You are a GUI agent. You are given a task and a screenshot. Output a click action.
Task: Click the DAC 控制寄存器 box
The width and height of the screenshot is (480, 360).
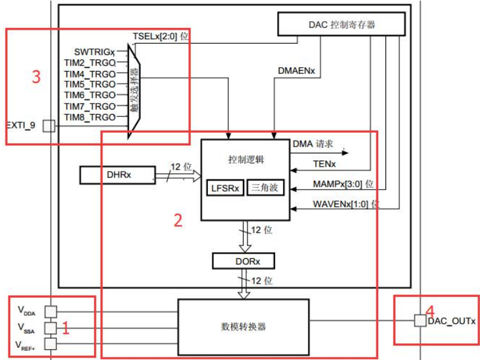(341, 24)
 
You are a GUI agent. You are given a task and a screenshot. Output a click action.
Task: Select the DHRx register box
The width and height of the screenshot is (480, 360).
(117, 175)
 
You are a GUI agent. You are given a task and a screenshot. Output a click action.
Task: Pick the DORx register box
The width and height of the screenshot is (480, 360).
(243, 261)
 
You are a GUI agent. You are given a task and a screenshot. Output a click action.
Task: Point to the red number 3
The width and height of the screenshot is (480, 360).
(36, 77)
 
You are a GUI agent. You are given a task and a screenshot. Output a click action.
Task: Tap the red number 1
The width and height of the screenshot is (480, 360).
(67, 329)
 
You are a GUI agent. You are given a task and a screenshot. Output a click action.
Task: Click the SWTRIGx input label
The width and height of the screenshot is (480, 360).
(95, 52)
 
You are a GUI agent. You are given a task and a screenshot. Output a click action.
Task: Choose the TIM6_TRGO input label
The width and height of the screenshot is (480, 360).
(90, 95)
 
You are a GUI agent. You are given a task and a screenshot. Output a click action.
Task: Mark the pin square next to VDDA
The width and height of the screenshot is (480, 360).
(52, 312)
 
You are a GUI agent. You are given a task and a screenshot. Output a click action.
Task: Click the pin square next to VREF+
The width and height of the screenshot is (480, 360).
(52, 344)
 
